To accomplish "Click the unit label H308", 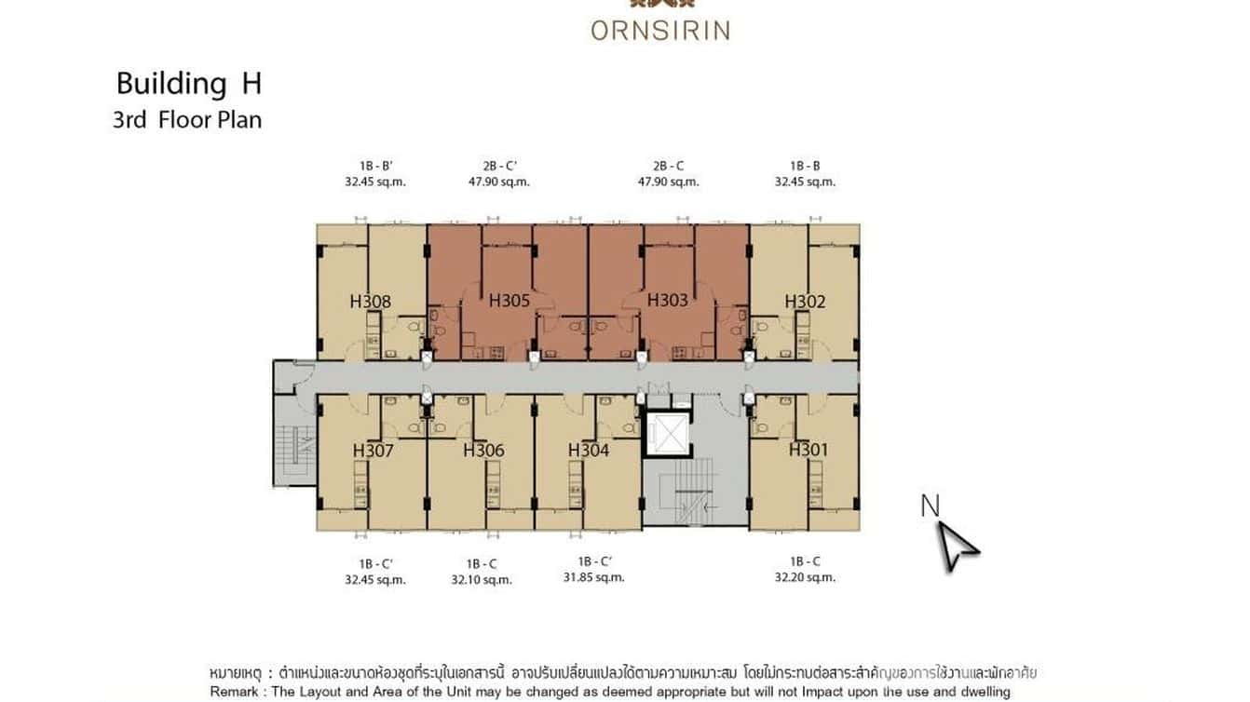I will point(370,302).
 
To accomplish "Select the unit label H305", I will point(509,300).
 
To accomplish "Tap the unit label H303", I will point(667,300).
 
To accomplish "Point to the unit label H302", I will point(805,302).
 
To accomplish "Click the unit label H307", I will point(373,451).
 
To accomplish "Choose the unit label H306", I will point(483,451).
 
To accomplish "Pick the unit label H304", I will point(589,451).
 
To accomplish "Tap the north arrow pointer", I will point(957,546).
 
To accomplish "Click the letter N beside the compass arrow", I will point(930,506).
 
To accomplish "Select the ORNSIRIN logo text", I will point(659,30).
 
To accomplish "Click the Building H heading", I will point(188,84).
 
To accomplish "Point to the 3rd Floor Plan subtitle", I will point(187,120).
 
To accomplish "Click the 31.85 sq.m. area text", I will point(593,577).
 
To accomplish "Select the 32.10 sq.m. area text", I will point(481,579).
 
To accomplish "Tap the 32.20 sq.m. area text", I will point(805,577).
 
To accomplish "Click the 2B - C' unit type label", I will point(498,166).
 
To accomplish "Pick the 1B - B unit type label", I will point(805,166).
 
